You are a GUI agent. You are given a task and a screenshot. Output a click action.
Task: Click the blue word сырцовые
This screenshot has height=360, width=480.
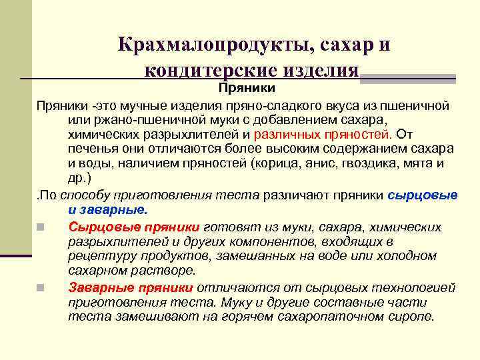point(423,195)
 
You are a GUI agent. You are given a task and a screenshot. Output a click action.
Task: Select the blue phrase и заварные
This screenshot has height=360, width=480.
point(107,209)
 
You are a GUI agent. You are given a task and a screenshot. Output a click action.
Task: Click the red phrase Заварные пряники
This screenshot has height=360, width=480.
point(131,287)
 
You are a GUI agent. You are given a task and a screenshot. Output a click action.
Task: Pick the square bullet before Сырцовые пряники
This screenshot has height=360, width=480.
point(41,227)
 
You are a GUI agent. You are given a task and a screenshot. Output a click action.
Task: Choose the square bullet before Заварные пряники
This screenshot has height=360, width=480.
point(41,288)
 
